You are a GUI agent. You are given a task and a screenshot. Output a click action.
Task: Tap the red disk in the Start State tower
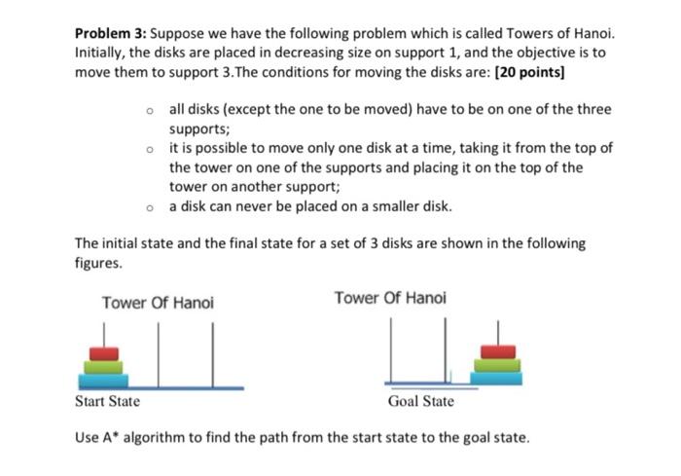click(104, 352)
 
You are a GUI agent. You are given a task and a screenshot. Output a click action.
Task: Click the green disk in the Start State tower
click(104, 367)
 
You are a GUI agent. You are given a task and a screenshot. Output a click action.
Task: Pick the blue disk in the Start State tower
click(104, 380)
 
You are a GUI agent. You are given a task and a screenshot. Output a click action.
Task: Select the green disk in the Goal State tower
click(498, 365)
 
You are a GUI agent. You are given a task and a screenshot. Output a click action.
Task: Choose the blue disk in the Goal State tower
click(498, 377)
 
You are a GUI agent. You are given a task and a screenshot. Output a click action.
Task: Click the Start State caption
click(107, 401)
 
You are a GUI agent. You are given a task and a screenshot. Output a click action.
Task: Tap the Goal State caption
click(420, 401)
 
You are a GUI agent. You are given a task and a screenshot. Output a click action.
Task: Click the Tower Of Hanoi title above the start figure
click(157, 304)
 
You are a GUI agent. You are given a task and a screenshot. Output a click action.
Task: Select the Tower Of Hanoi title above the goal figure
click(390, 297)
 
